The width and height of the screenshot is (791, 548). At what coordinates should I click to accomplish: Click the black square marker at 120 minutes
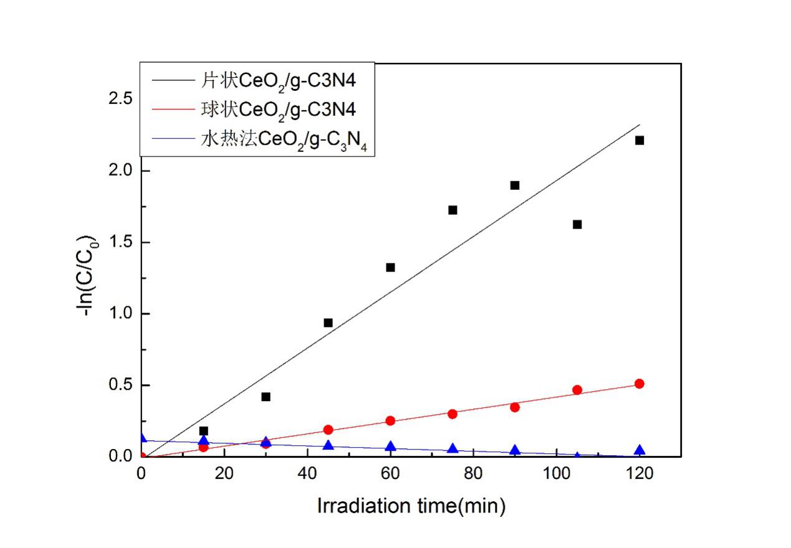tap(639, 140)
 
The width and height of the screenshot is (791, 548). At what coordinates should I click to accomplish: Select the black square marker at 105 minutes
tap(577, 224)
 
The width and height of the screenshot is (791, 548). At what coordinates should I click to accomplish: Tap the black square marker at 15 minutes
tap(203, 431)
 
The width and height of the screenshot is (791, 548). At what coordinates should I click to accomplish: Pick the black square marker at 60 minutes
tap(390, 267)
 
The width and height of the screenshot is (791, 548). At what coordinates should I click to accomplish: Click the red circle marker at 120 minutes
tap(639, 384)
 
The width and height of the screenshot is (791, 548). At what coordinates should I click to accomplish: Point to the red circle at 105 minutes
tap(577, 390)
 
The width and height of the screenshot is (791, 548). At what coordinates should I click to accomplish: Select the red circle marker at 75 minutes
tap(453, 413)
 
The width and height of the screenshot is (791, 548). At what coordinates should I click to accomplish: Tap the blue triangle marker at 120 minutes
tap(639, 450)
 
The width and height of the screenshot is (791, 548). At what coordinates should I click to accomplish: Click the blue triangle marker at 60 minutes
tap(390, 446)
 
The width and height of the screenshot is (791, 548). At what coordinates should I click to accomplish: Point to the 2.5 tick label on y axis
tap(120, 99)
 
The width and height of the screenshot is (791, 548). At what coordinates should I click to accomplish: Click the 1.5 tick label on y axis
tap(120, 242)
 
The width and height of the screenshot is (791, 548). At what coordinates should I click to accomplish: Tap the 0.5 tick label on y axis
tap(120, 385)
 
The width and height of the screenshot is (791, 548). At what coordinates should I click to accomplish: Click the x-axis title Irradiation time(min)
tap(411, 506)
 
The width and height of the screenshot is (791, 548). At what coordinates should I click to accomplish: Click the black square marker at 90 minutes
tap(514, 185)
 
